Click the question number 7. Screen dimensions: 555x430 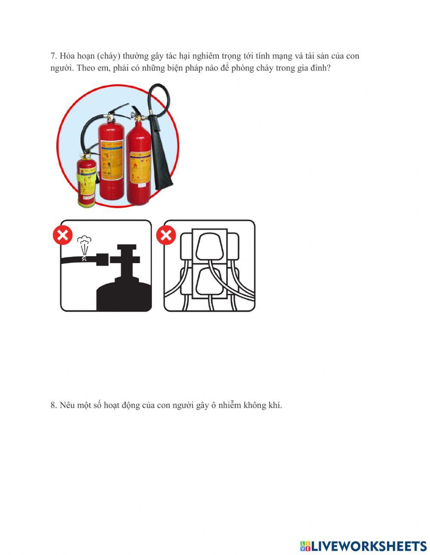pos(53,56)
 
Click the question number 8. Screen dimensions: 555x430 pos(53,405)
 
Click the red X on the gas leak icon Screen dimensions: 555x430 pos(62,236)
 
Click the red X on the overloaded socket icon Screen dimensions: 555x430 pos(166,235)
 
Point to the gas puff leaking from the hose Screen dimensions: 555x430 pos(84,243)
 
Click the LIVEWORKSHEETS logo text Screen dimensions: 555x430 pos(369,546)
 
